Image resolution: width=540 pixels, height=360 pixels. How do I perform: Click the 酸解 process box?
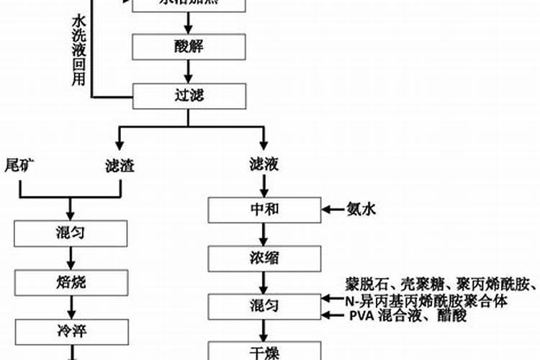[x=189, y=47]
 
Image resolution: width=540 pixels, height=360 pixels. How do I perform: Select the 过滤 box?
[x=189, y=94]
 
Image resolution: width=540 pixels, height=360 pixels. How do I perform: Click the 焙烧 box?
[x=71, y=282]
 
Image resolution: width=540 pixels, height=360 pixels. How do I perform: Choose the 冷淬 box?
[x=71, y=329]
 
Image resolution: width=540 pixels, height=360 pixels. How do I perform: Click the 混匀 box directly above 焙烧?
[x=71, y=233]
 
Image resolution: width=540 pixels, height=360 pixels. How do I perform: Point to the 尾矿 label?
[x=21, y=165]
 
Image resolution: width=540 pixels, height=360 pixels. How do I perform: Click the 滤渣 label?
[x=119, y=166]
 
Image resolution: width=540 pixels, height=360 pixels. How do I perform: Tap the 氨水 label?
[x=361, y=210]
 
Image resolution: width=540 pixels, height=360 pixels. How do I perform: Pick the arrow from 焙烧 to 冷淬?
[x=71, y=305]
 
